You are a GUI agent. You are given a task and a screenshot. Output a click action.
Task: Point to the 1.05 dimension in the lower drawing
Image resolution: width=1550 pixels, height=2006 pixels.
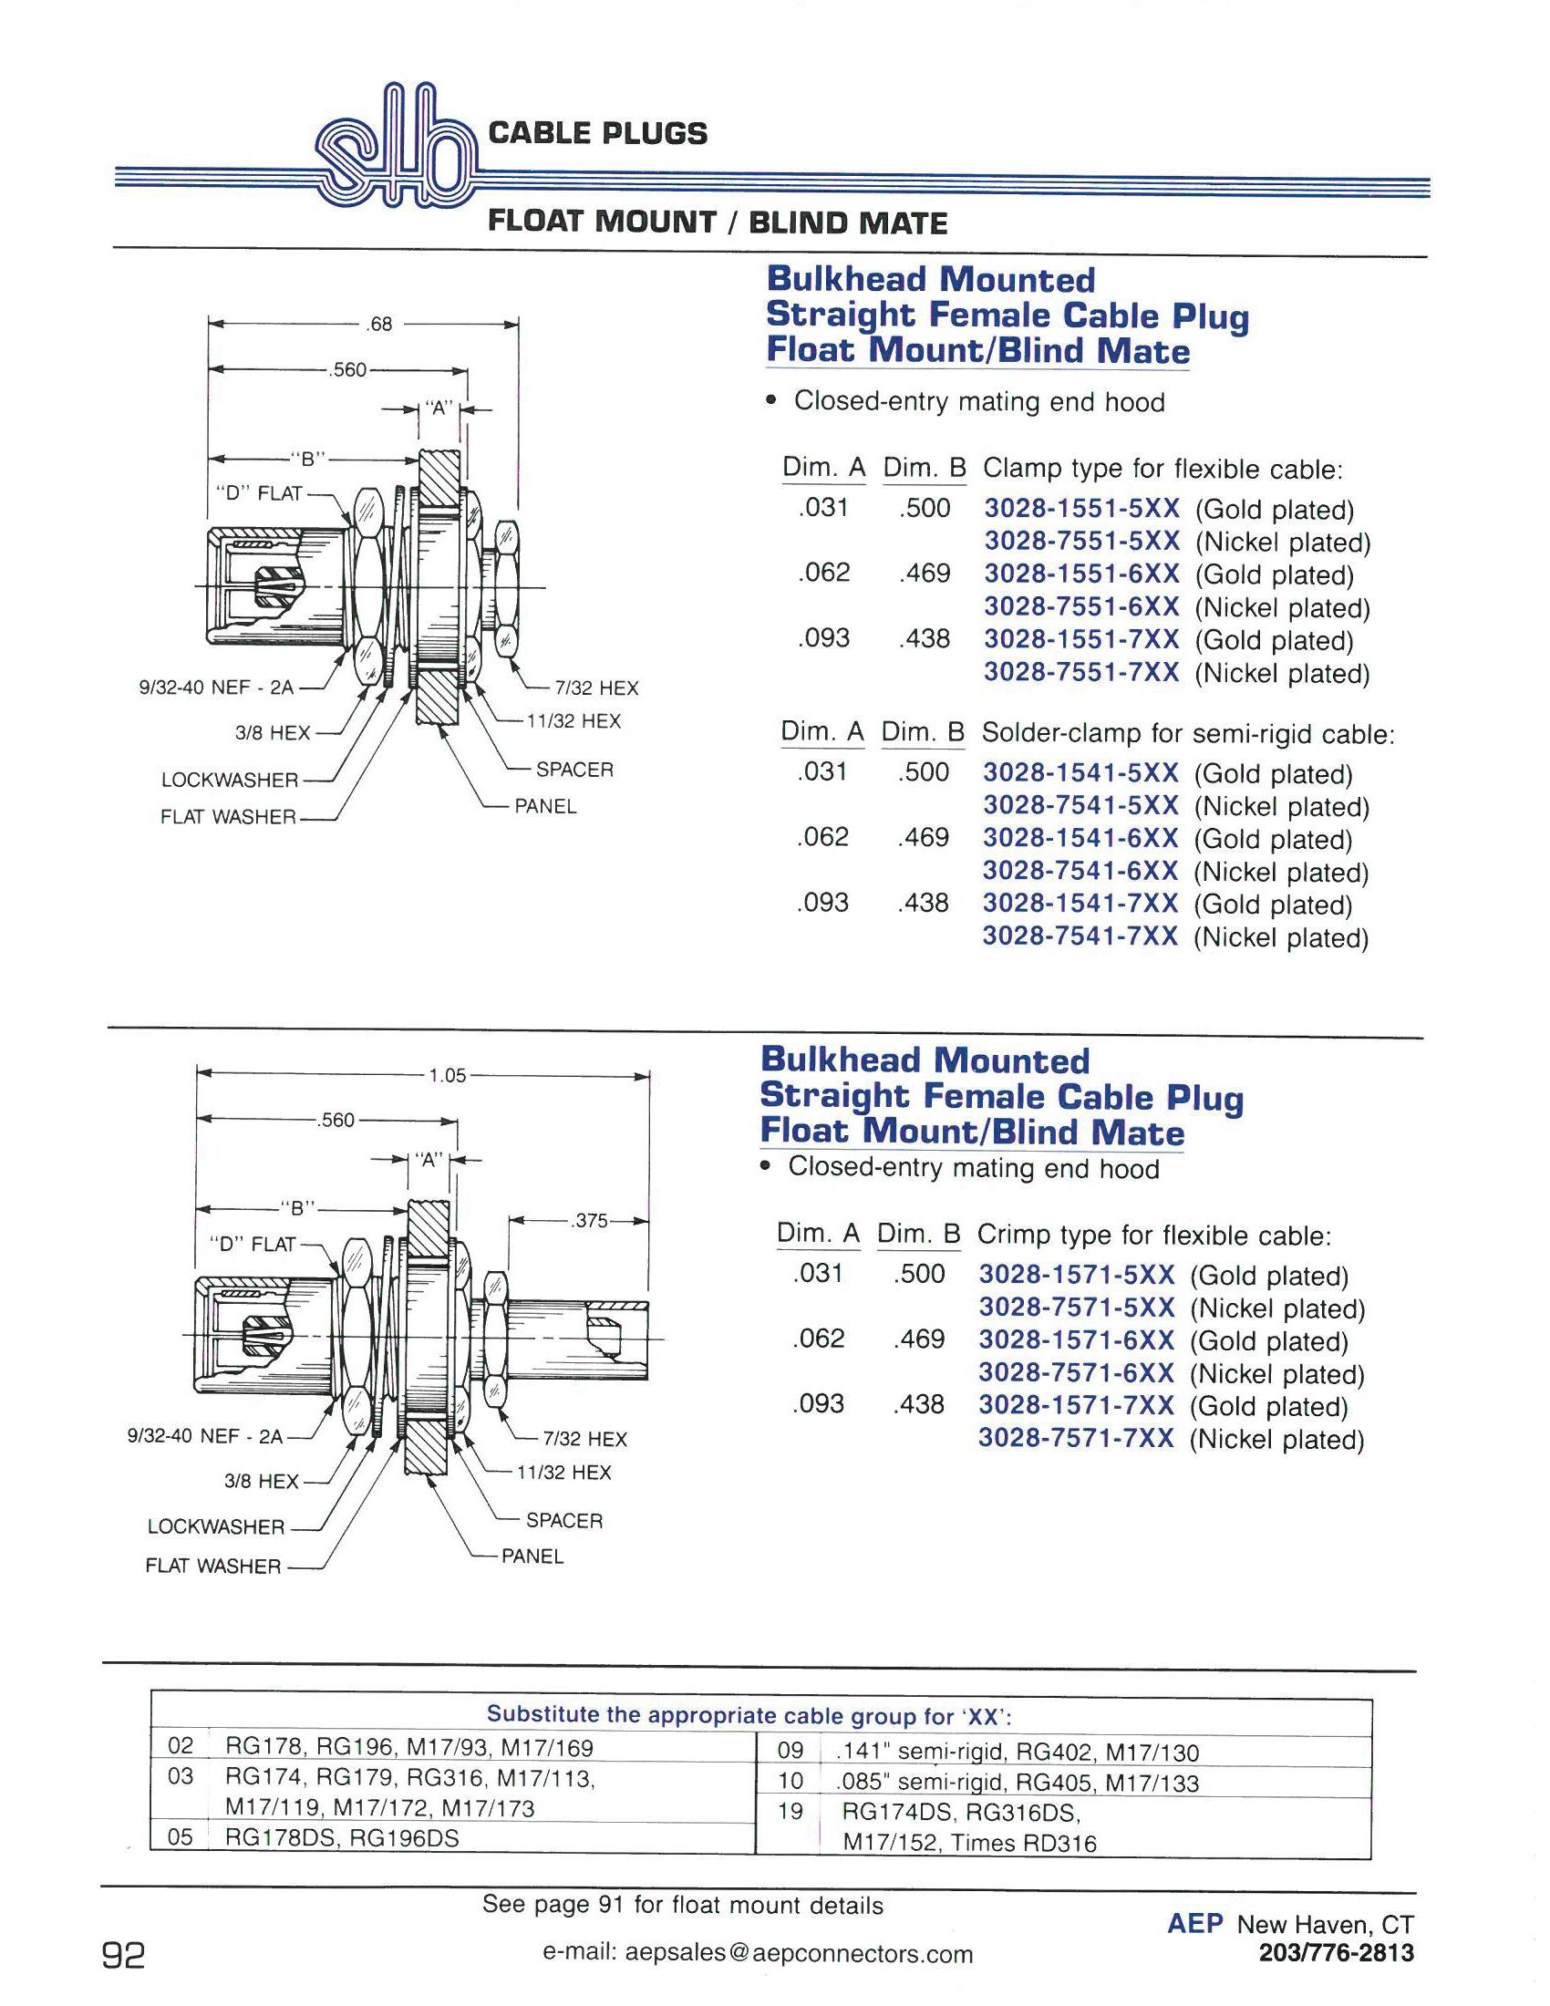tap(447, 1075)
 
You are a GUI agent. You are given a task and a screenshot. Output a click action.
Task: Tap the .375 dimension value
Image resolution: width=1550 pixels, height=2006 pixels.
tap(589, 1221)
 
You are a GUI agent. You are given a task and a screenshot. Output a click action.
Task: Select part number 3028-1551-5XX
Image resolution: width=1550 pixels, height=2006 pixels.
tap(1080, 509)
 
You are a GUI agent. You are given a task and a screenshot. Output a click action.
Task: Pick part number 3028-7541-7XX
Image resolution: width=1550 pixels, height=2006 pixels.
tap(1080, 936)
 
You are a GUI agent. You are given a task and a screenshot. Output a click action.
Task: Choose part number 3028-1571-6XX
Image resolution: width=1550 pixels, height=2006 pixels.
tap(1075, 1341)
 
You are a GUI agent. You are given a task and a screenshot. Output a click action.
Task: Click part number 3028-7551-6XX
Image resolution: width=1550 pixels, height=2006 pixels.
tap(1080, 607)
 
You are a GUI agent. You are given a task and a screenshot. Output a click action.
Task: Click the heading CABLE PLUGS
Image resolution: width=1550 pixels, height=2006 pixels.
tap(598, 134)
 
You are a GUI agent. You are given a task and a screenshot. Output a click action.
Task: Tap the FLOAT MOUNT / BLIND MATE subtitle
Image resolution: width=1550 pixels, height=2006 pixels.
tap(718, 222)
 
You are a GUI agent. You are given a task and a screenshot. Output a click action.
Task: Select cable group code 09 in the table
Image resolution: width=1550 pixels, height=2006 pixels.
tap(790, 1751)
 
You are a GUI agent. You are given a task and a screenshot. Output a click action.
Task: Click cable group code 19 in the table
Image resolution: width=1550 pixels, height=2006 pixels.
tap(790, 1810)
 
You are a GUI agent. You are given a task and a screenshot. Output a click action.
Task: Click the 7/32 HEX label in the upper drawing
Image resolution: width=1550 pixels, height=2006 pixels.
tap(596, 688)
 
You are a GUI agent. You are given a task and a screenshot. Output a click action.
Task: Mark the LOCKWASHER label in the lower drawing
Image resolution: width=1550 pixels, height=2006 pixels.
tap(216, 1526)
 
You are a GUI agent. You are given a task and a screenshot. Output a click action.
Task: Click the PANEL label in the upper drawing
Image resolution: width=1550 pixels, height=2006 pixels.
tap(544, 806)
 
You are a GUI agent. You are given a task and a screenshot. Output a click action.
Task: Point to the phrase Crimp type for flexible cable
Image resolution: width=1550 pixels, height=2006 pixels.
tap(1153, 1236)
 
